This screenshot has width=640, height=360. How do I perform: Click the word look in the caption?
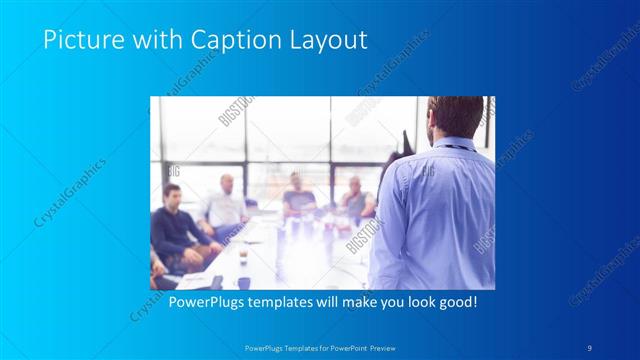[411, 302]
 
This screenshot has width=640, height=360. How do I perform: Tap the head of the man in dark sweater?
[172, 197]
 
